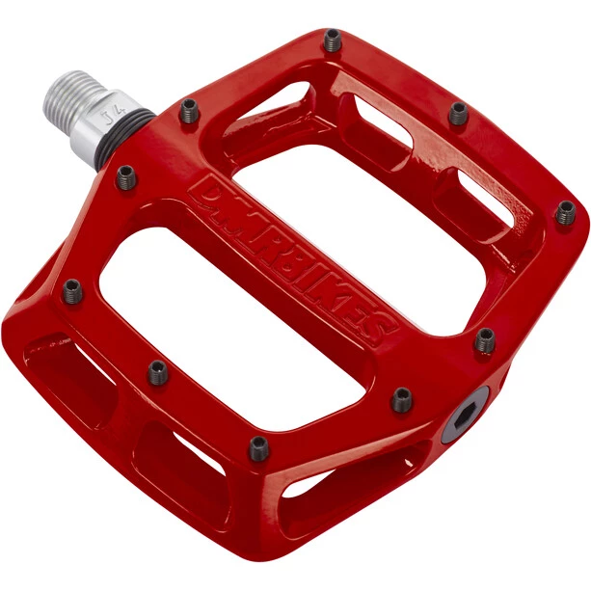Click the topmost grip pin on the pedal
(333, 40)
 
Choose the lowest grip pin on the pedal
(258, 447)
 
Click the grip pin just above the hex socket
(485, 339)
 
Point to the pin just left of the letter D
(126, 177)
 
